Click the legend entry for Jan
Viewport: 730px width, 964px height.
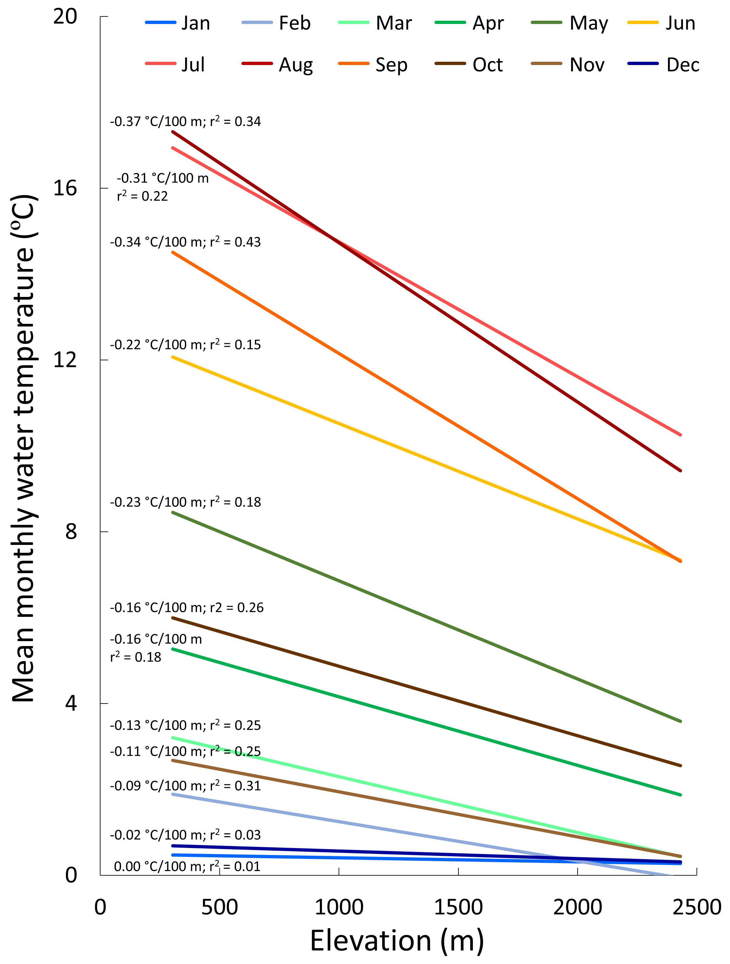pyautogui.click(x=178, y=23)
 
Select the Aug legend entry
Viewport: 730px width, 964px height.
pyautogui.click(x=277, y=64)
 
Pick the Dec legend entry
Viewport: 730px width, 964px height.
pyautogui.click(x=663, y=64)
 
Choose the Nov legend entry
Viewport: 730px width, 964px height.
pyautogui.click(x=567, y=64)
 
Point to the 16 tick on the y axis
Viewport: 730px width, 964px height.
pyautogui.click(x=65, y=188)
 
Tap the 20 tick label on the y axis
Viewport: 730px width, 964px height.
pyautogui.click(x=65, y=16)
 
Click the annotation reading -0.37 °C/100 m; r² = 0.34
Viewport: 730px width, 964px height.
pyautogui.click(x=185, y=121)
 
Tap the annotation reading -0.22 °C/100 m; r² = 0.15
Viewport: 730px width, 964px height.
pyautogui.click(x=185, y=345)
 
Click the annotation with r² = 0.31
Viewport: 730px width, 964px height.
pyautogui.click(x=185, y=786)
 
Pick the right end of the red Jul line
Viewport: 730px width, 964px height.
pyautogui.click(x=680, y=435)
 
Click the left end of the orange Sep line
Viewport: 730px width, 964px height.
pyautogui.click(x=173, y=252)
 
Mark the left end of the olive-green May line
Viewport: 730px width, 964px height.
pyautogui.click(x=173, y=512)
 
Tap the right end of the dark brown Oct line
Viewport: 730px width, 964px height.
pyautogui.click(x=680, y=766)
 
